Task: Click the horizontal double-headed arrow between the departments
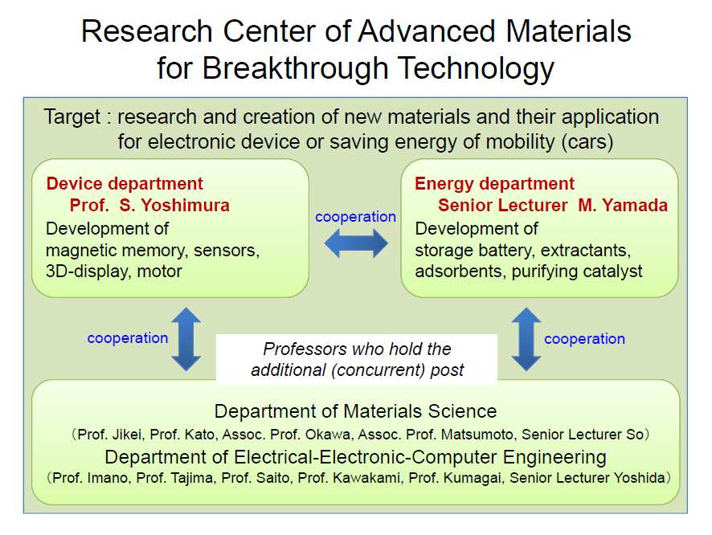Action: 356,243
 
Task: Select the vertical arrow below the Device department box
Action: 186,340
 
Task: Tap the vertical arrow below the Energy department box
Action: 526,340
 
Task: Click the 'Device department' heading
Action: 125,184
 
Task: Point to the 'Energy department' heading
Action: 494,184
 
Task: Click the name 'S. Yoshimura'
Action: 174,205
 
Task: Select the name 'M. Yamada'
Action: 623,205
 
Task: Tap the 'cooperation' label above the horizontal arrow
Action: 355,217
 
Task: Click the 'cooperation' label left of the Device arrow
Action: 128,338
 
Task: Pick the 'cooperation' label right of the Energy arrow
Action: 584,339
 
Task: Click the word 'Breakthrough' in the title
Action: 295,68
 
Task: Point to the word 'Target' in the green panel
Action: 72,117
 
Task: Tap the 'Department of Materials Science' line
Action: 355,411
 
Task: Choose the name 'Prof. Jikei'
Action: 109,435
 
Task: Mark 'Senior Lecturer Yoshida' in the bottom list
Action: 587,478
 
